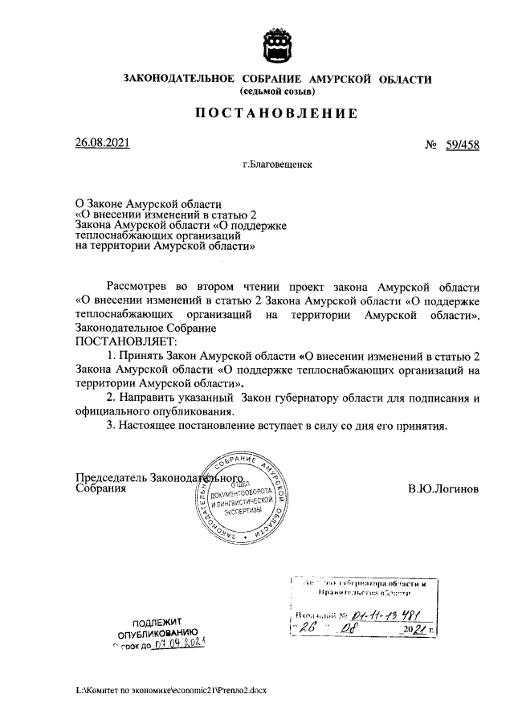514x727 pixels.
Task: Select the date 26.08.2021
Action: pyautogui.click(x=102, y=143)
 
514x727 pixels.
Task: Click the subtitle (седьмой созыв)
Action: pyautogui.click(x=277, y=92)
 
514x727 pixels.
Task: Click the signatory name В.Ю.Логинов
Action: pyautogui.click(x=443, y=488)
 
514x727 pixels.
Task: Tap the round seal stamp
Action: pyautogui.click(x=242, y=500)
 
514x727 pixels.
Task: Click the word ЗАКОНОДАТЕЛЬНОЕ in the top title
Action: pyautogui.click(x=178, y=79)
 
